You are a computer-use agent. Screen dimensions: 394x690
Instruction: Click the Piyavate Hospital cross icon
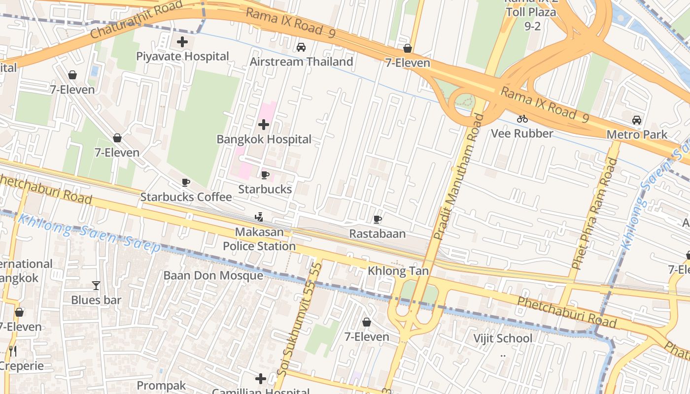[x=182, y=42]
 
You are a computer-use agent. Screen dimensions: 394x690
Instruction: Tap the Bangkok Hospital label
[x=264, y=139]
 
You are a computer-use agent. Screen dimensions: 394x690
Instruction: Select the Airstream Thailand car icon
[x=301, y=47]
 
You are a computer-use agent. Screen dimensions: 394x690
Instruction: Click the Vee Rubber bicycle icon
[x=522, y=119]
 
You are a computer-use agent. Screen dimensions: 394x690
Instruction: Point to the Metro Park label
[x=637, y=134]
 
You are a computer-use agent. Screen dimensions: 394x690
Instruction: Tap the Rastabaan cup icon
[x=378, y=219]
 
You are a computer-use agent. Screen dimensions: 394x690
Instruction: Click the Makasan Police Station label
[x=259, y=239]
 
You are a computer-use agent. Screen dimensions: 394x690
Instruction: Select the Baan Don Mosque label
[x=213, y=275]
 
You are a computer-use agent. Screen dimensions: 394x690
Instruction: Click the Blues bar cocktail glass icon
[x=96, y=285]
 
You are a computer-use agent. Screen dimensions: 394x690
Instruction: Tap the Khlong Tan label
[x=398, y=271]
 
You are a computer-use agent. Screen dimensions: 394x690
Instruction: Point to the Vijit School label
[x=503, y=338]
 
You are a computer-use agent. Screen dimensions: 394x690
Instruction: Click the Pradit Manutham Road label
[x=459, y=177]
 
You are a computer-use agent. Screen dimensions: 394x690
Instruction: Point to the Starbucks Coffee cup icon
[x=186, y=183]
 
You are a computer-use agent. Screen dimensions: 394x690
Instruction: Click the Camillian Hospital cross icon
[x=261, y=379]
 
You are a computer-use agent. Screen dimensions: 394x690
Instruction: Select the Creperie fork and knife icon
[x=13, y=351]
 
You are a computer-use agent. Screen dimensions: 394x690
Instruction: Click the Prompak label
[x=161, y=385]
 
